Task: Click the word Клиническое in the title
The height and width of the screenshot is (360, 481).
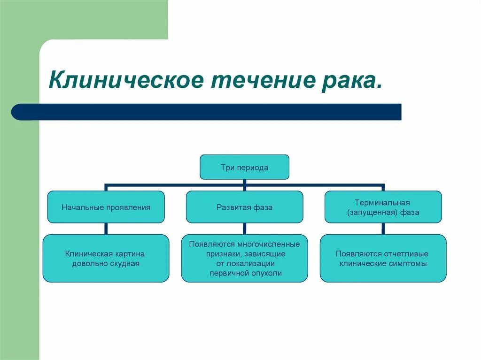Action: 126,81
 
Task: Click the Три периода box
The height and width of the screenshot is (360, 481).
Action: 244,167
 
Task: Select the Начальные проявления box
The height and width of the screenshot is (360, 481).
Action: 106,207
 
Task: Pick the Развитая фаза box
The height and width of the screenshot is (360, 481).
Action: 244,207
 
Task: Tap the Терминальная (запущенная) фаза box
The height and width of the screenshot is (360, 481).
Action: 383,207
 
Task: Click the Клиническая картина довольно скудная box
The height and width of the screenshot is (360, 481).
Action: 106,258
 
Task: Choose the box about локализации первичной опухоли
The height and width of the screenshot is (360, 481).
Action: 244,258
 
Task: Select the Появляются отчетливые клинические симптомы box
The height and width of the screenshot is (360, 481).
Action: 383,258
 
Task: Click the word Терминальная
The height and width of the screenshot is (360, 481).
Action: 382,203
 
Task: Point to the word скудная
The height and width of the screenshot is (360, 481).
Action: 124,263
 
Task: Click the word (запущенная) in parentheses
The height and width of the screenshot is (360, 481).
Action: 369,212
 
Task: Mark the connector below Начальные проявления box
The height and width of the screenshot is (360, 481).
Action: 106,229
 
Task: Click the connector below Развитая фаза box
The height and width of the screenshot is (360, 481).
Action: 244,229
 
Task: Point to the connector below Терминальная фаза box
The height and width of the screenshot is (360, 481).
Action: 383,229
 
